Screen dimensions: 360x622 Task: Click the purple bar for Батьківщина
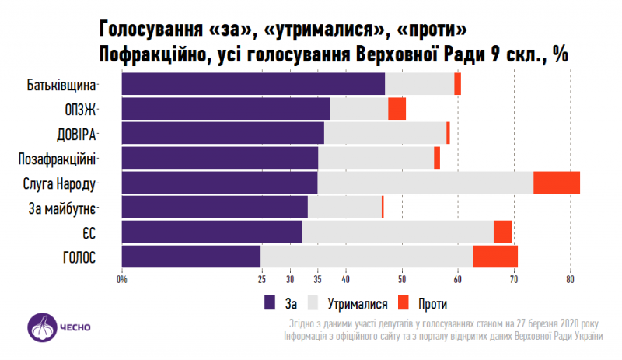click(x=253, y=83)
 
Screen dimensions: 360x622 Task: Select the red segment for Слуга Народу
click(x=557, y=183)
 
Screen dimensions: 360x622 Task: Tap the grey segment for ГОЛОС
click(x=367, y=257)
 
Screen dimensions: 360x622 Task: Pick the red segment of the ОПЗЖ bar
click(x=397, y=109)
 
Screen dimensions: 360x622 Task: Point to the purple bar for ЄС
click(x=211, y=232)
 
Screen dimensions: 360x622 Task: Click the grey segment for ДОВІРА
click(x=385, y=133)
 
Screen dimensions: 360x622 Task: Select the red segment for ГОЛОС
click(x=495, y=257)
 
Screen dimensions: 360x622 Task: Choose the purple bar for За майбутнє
click(x=215, y=207)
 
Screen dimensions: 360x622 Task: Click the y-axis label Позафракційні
click(x=56, y=159)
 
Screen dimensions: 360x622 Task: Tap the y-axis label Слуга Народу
click(x=60, y=183)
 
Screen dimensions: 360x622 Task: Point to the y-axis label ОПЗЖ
click(x=80, y=109)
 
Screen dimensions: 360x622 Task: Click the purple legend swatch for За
click(x=271, y=302)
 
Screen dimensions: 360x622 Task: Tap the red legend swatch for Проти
click(x=403, y=302)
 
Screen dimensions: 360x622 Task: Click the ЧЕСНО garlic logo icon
click(x=44, y=327)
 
